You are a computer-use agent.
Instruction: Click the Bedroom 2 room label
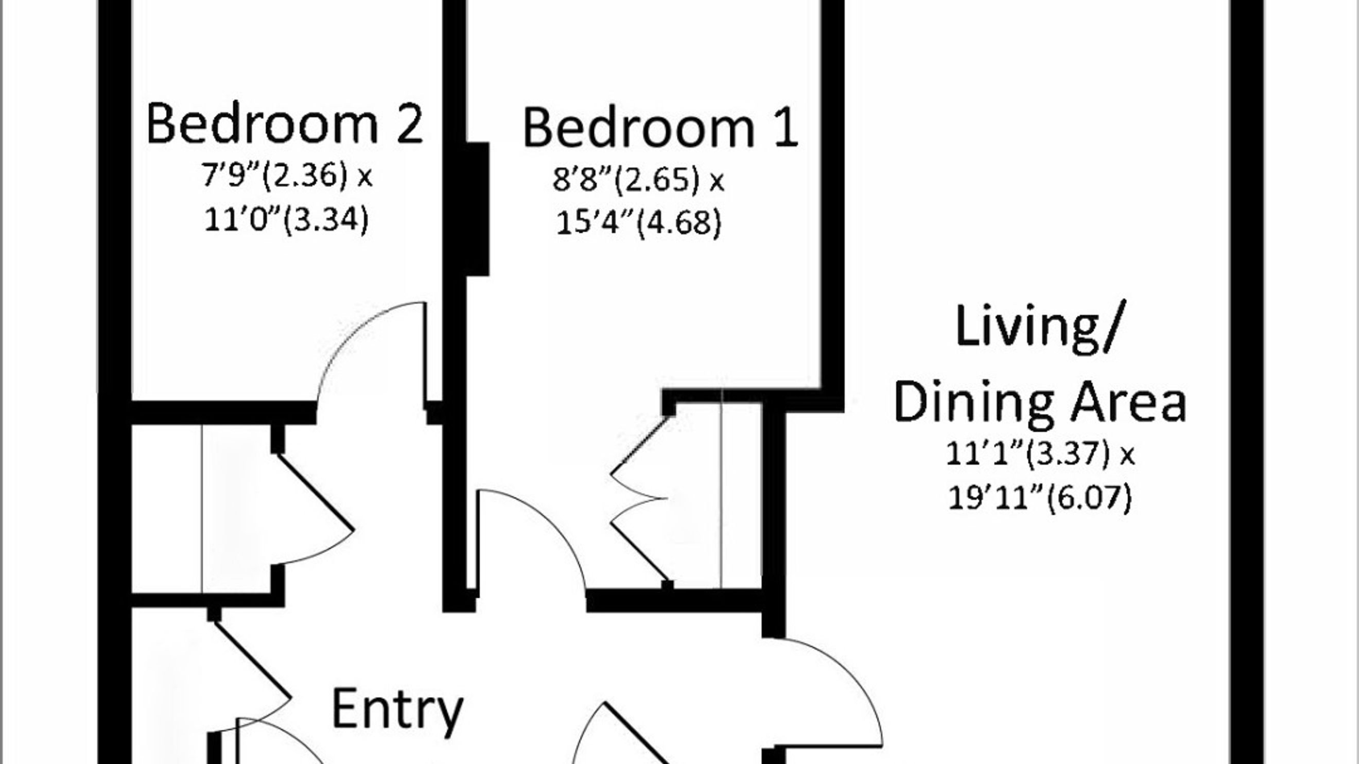coord(284,124)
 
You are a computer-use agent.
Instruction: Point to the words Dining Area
coord(1040,403)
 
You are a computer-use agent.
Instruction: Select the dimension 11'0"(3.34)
coord(286,219)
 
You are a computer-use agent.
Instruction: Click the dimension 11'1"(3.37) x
coord(1040,453)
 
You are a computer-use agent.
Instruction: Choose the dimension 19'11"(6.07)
coord(1040,497)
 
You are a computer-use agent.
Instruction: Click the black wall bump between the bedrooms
coord(477,209)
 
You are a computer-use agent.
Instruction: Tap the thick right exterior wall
coord(1247,382)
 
